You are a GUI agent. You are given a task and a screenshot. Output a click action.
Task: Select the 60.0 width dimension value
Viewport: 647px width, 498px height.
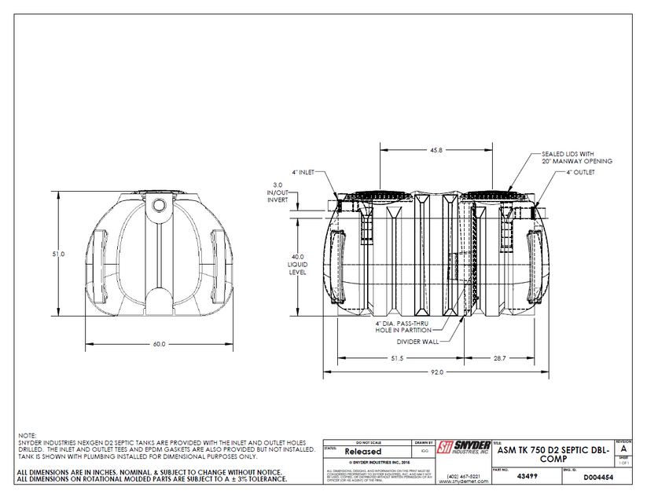(160, 344)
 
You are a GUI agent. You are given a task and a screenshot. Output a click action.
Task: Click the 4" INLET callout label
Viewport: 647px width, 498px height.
(303, 171)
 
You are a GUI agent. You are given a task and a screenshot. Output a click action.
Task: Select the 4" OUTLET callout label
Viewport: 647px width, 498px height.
(579, 171)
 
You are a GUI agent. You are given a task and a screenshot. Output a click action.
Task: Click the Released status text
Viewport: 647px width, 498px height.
(362, 452)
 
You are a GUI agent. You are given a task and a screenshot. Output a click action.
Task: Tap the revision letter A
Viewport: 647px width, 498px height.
(623, 449)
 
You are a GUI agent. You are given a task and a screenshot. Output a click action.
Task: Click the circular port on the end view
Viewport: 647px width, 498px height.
(160, 204)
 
